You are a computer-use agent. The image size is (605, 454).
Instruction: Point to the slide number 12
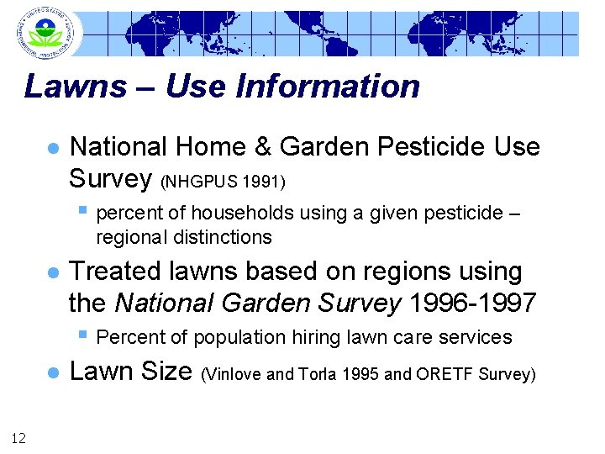click(18, 436)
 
